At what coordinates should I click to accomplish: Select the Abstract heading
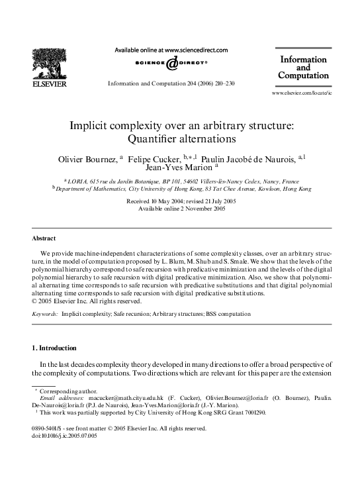44,238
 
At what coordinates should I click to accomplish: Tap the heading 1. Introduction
54,348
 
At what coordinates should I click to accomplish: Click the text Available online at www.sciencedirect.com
171,50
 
